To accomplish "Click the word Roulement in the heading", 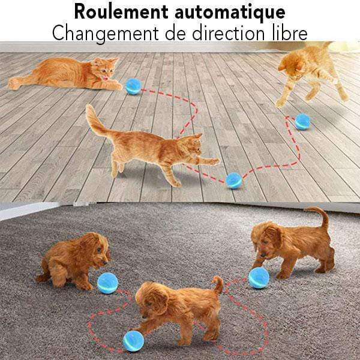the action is [121, 11].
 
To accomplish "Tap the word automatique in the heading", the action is [230, 13].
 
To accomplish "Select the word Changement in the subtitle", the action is [106, 34].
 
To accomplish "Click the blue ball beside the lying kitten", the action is [133, 86].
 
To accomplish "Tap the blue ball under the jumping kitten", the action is [302, 122].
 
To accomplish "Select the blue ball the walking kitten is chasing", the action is [234, 181].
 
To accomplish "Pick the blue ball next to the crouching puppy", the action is [107, 283].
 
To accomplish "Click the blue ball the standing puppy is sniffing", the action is [259, 278].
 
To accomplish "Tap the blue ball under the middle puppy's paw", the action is [133, 341].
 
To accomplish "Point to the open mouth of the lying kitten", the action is [105, 78].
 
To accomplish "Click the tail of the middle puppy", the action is [218, 284].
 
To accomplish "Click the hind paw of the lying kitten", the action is [13, 83].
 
